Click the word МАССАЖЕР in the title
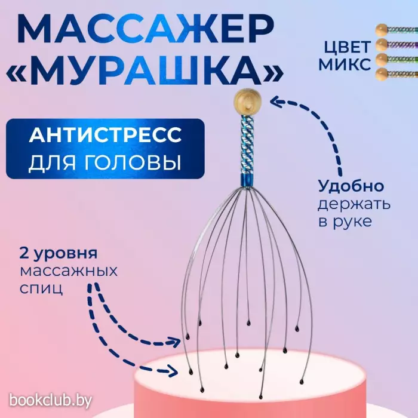[146, 29]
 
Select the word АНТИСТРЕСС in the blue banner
[105, 135]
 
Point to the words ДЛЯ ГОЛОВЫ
[105, 162]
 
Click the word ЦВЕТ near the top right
[347, 47]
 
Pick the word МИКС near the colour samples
[345, 64]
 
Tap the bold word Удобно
[351, 186]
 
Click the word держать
[354, 204]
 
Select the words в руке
[345, 222]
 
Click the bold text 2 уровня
[59, 254]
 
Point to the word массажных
[69, 271]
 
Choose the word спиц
[41, 288]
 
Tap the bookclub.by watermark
[51, 401]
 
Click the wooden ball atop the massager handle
[247, 102]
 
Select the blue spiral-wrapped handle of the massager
[247, 144]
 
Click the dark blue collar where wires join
[247, 182]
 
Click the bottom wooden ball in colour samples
[382, 74]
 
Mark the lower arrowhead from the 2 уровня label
[171, 371]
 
